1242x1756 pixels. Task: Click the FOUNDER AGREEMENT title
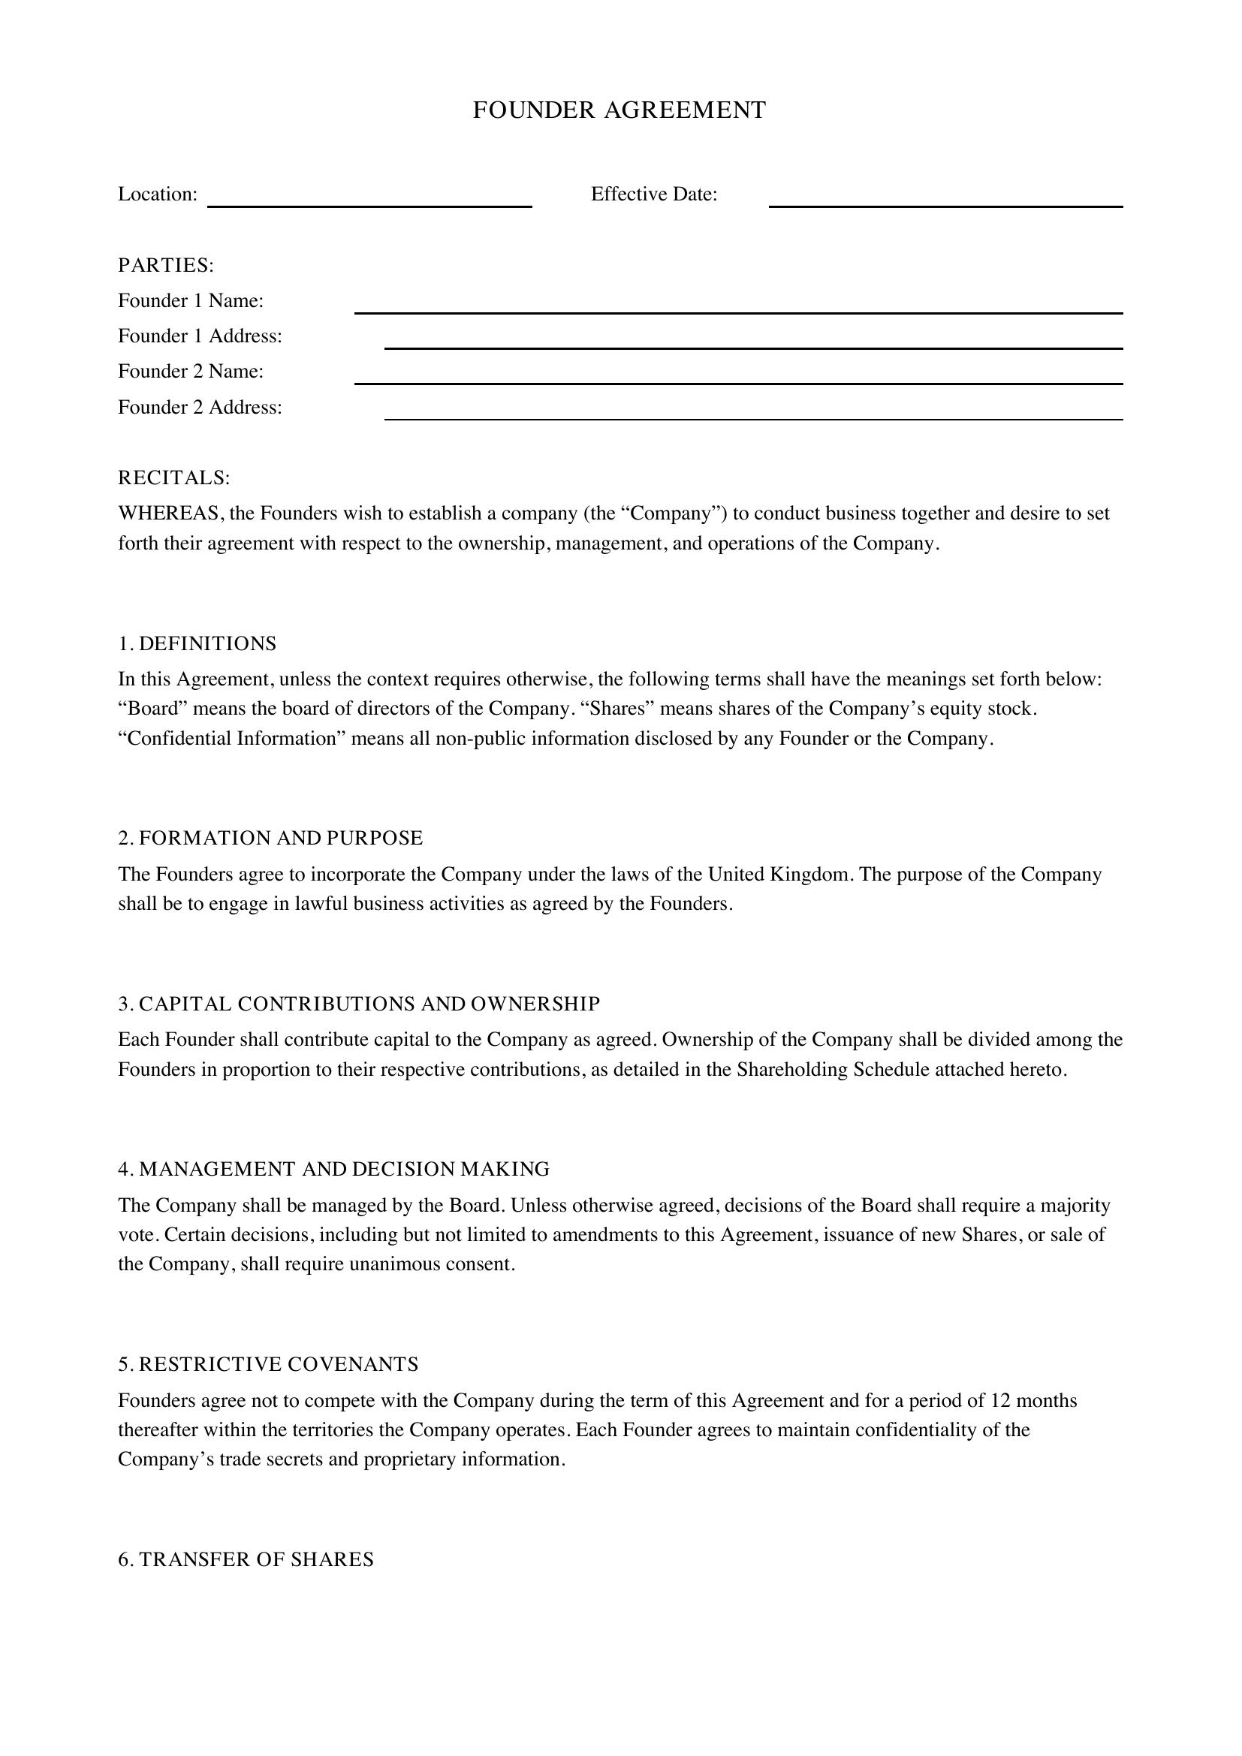619,110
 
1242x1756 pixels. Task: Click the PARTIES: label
166,265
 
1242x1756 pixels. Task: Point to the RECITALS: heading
173,478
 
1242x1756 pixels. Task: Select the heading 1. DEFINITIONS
197,644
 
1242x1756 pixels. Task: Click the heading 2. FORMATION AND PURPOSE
270,839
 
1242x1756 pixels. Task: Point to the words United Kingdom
779,874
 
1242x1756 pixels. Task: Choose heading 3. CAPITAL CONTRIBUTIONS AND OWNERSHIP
359,1005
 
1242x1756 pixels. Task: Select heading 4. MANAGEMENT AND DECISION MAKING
333,1170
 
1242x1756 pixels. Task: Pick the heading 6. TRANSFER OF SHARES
246,1560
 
